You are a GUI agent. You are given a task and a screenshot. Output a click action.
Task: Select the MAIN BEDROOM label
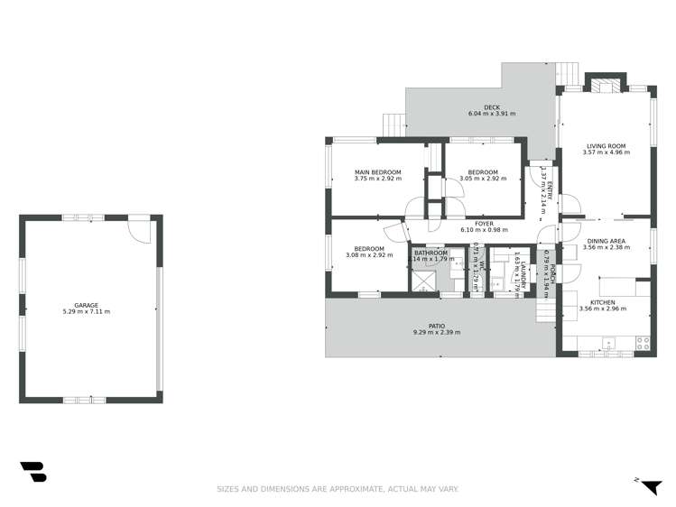[377, 171]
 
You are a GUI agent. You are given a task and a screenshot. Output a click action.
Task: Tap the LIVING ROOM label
[606, 145]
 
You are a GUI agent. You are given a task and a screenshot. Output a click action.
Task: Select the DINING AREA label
[606, 241]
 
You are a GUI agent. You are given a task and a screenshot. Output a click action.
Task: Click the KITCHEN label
[603, 302]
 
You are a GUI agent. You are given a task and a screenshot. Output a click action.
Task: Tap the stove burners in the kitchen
[643, 343]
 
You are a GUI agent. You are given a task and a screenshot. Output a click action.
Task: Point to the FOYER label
[484, 223]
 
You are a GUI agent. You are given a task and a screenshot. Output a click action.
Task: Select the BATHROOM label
[431, 253]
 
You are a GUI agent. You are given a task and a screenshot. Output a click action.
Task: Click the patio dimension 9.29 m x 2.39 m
[437, 333]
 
